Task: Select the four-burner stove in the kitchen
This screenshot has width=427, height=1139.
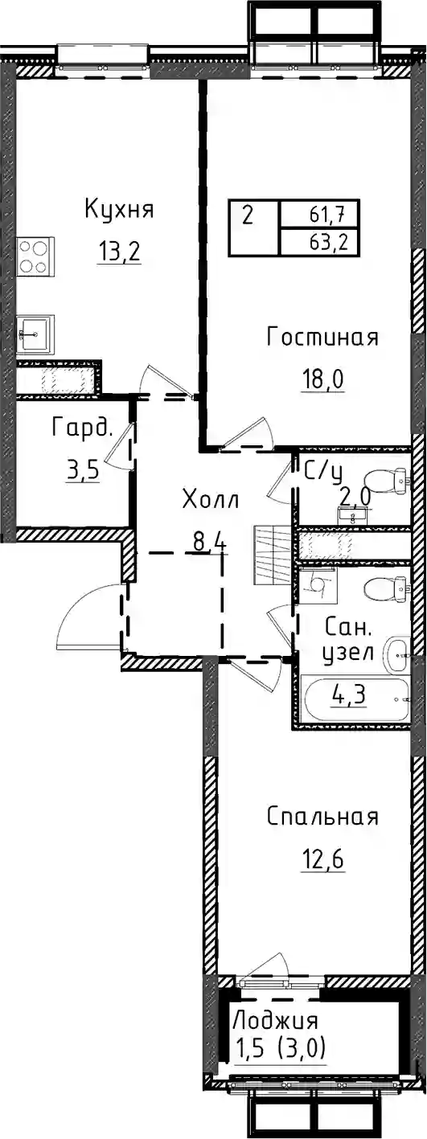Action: (x=35, y=256)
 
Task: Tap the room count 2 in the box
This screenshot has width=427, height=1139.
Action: (x=248, y=217)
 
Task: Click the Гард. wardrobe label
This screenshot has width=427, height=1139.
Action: (x=81, y=428)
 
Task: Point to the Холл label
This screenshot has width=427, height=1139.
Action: (x=211, y=500)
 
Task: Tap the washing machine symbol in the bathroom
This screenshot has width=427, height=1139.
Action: (x=318, y=585)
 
